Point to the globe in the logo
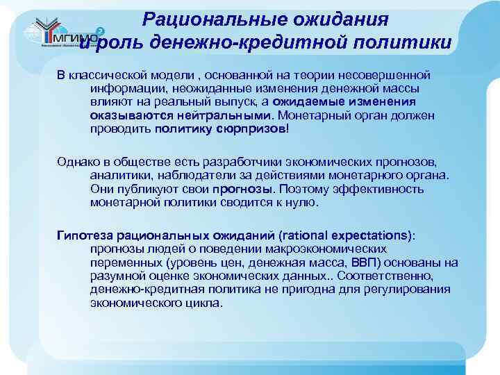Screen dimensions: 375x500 pyautogui.click(x=31, y=32)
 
